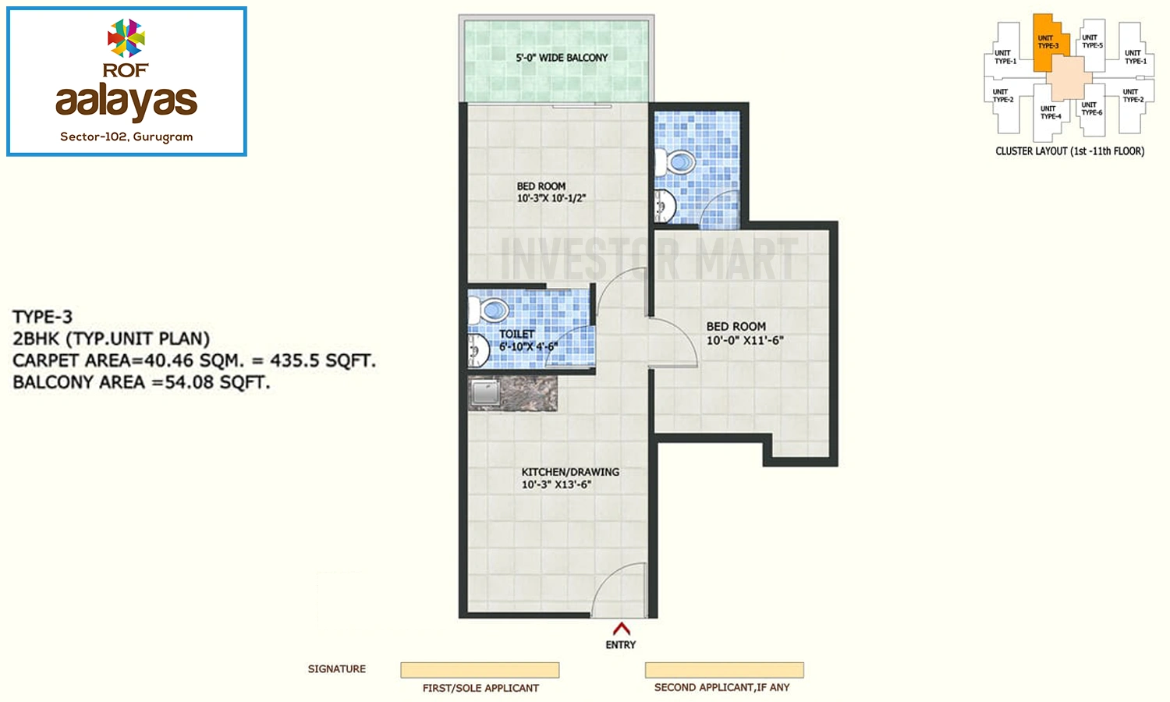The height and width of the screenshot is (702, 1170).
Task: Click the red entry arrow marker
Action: [621, 628]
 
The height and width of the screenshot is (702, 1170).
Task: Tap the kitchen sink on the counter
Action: [485, 392]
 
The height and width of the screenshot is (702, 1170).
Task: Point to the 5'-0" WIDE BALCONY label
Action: [562, 58]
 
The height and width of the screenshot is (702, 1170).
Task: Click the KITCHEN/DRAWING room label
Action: [570, 472]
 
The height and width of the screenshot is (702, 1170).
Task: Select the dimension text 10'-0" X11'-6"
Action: [745, 340]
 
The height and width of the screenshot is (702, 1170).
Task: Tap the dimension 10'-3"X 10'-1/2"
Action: [551, 198]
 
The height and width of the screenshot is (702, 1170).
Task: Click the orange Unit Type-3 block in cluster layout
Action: [1049, 43]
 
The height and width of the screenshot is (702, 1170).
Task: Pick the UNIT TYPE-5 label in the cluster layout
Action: [1092, 41]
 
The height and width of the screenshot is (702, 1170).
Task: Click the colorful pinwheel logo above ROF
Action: [126, 37]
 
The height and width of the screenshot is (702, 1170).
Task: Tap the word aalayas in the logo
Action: [126, 101]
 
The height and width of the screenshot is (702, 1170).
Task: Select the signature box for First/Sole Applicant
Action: [480, 670]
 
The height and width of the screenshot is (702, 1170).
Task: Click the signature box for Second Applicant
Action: [725, 670]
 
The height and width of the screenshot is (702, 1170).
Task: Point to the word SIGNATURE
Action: [337, 669]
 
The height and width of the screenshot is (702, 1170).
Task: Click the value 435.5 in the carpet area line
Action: [294, 360]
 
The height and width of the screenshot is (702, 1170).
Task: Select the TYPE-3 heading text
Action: [42, 317]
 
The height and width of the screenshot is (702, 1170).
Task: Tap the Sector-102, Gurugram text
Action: [126, 136]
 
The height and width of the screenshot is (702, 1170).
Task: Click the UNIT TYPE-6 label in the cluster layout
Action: [1092, 108]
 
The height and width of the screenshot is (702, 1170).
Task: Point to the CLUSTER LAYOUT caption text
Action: [1069, 151]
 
